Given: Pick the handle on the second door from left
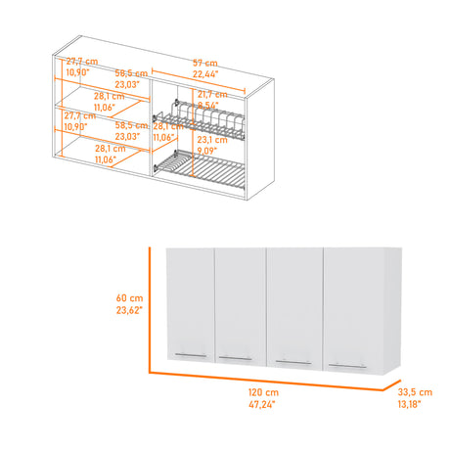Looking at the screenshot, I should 234,358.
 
